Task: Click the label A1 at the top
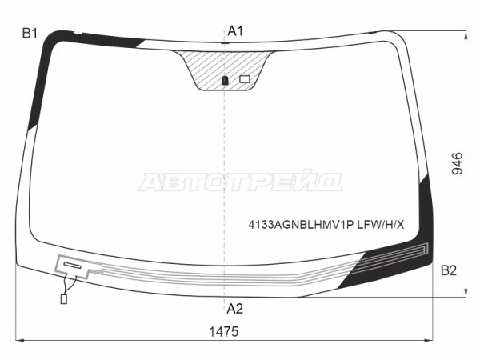tap(235, 31)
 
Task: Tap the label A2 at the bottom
tap(234, 309)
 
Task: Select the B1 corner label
tap(30, 33)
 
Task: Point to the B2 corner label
tap(449, 270)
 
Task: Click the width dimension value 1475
tap(223, 331)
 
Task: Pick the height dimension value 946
tap(458, 163)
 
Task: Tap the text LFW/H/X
tap(381, 225)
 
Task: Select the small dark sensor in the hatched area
tap(225, 80)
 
